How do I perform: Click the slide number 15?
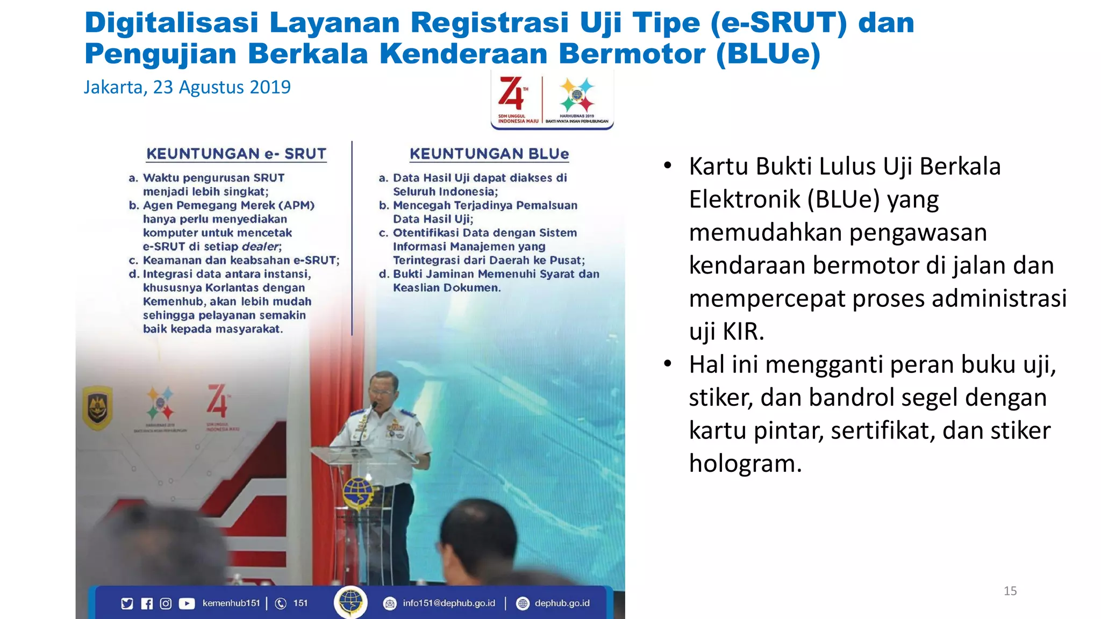coord(1010,591)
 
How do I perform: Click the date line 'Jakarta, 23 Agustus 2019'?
coord(187,87)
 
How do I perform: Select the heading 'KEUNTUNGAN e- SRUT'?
coord(236,154)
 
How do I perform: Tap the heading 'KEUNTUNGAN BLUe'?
coord(489,154)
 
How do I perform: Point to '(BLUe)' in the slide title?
coord(768,54)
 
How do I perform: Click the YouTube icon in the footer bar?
coord(187,604)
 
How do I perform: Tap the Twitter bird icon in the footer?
coord(127,604)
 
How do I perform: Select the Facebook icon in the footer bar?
coord(147,604)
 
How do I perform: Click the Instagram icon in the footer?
coord(166,604)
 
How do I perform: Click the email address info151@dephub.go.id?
coord(449,603)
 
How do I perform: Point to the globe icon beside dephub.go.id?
coord(523,604)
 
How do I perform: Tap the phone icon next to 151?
coord(281,604)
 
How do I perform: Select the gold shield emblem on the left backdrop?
coord(97,408)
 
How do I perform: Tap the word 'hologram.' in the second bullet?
coord(745,464)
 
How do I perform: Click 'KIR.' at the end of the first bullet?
coord(743,332)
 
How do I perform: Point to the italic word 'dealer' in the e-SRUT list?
coord(260,247)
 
